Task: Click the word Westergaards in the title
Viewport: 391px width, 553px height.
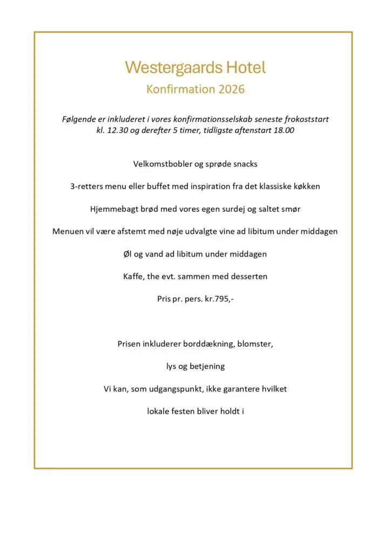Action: pos(166,68)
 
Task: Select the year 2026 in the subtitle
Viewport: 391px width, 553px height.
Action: pos(232,89)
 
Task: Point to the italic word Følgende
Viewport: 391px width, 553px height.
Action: pos(78,119)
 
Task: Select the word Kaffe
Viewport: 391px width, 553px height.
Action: pos(134,276)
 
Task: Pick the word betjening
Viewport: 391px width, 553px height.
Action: pos(207,366)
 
